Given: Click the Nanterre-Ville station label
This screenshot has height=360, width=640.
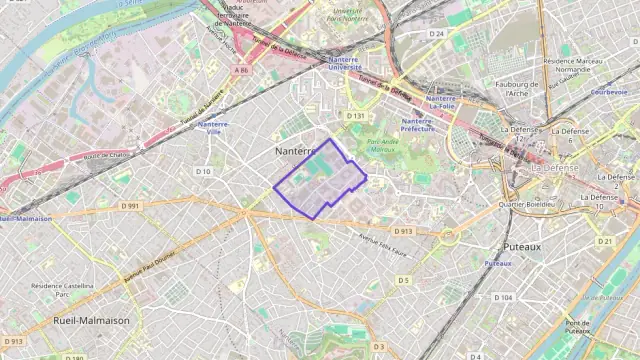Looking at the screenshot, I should [x=211, y=128].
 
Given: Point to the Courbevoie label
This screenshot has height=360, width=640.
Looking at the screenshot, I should [x=608, y=91].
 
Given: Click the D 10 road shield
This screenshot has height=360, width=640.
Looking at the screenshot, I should [x=203, y=171].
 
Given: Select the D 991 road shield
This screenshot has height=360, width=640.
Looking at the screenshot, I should [x=130, y=205].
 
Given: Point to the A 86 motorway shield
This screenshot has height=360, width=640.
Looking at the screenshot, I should [x=241, y=70].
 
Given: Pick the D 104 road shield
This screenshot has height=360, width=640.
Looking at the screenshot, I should [x=504, y=297].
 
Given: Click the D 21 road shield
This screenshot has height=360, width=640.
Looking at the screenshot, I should [x=605, y=241].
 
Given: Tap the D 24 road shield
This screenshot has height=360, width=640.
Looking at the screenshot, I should [x=436, y=34].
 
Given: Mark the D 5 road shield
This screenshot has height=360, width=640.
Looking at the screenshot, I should [x=404, y=280].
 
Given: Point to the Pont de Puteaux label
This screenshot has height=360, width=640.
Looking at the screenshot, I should [x=577, y=327].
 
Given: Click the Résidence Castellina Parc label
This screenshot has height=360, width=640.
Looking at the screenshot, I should [x=62, y=290].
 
